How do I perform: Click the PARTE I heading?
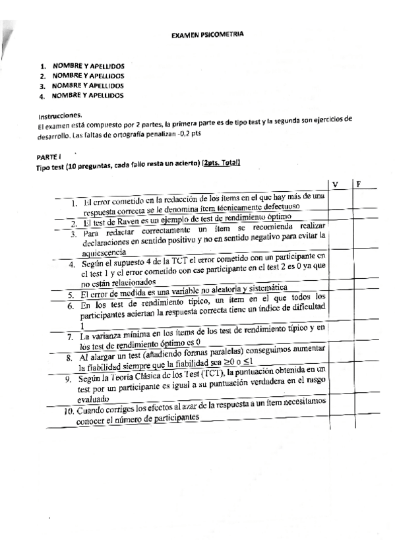(x=49, y=157)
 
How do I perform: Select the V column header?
(x=336, y=184)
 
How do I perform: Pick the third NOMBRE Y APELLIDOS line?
(x=88, y=86)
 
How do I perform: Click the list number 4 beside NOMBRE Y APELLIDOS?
(x=42, y=96)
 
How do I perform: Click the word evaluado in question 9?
(x=96, y=399)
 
